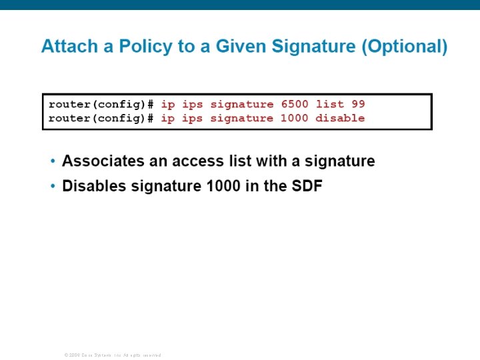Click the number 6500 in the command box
[295, 104]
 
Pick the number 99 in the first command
[359, 104]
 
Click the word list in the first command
[329, 104]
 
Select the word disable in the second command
[340, 118]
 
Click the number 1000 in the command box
[295, 118]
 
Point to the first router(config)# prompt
[101, 104]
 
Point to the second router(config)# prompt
[101, 118]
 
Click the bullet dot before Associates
[53, 161]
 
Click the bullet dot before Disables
[53, 187]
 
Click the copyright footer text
[113, 355]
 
